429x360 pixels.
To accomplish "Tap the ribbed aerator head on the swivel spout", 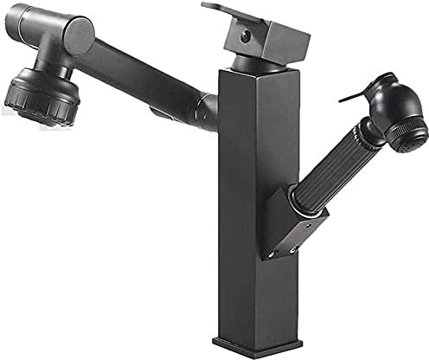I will tap(42, 96).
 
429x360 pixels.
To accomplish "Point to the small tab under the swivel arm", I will tap(158, 112).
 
